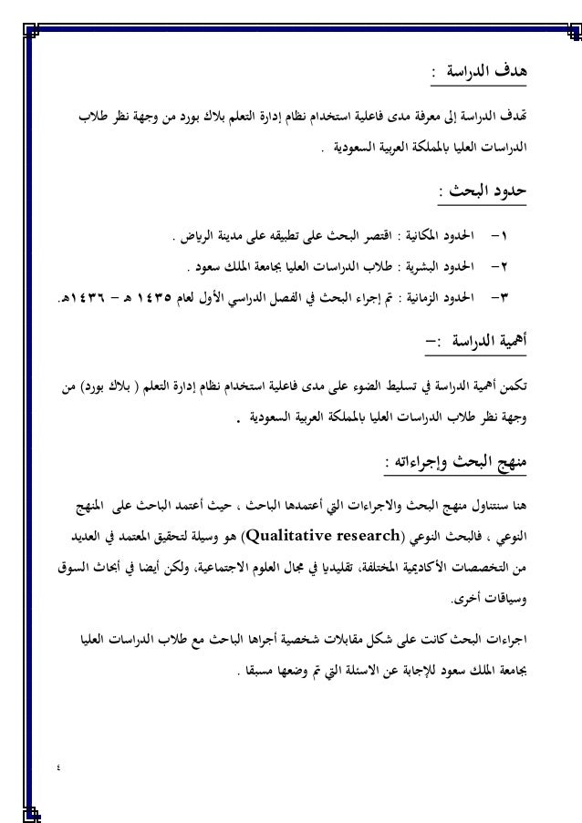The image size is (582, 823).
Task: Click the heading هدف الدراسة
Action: pos(491,70)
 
